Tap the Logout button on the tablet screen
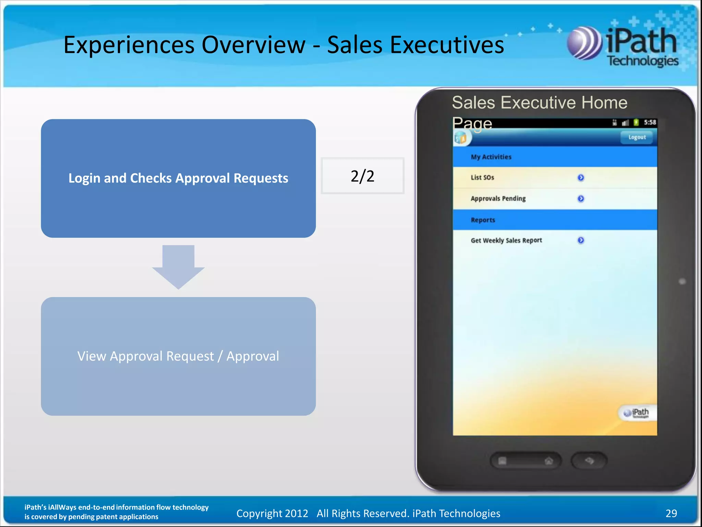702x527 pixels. pyautogui.click(x=637, y=137)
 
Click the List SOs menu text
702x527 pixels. pyautogui.click(x=482, y=177)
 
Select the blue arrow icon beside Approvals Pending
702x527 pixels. pyautogui.click(x=581, y=199)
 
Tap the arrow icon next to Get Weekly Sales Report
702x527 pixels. pyautogui.click(x=581, y=240)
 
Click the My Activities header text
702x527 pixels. pyautogui.click(x=491, y=157)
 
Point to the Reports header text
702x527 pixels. pyautogui.click(x=483, y=220)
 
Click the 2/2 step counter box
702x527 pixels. pyautogui.click(x=362, y=176)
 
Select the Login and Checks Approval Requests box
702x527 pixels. pyautogui.click(x=178, y=178)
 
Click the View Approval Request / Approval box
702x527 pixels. pyautogui.click(x=178, y=356)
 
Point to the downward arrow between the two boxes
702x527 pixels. pyautogui.click(x=178, y=266)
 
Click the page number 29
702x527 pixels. pyautogui.click(x=671, y=513)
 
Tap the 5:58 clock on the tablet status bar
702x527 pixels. pyautogui.click(x=650, y=122)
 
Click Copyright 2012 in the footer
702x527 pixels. pyautogui.click(x=272, y=513)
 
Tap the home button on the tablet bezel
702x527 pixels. pyautogui.click(x=548, y=461)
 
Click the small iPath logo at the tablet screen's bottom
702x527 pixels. pyautogui.click(x=636, y=413)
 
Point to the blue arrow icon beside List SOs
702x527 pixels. pyautogui.click(x=581, y=177)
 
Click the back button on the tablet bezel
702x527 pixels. pyautogui.click(x=589, y=460)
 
